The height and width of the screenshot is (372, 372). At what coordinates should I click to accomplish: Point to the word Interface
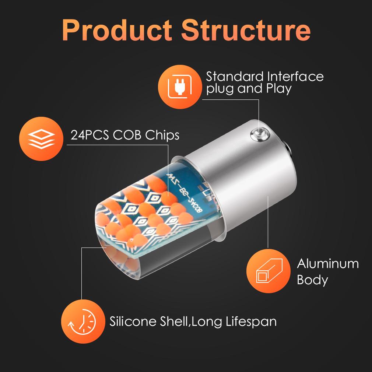(295, 77)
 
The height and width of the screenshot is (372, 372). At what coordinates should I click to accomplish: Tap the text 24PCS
(90, 135)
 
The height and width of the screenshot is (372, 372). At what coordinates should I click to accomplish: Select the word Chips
(162, 135)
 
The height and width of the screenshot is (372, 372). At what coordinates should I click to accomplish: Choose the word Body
(312, 280)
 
